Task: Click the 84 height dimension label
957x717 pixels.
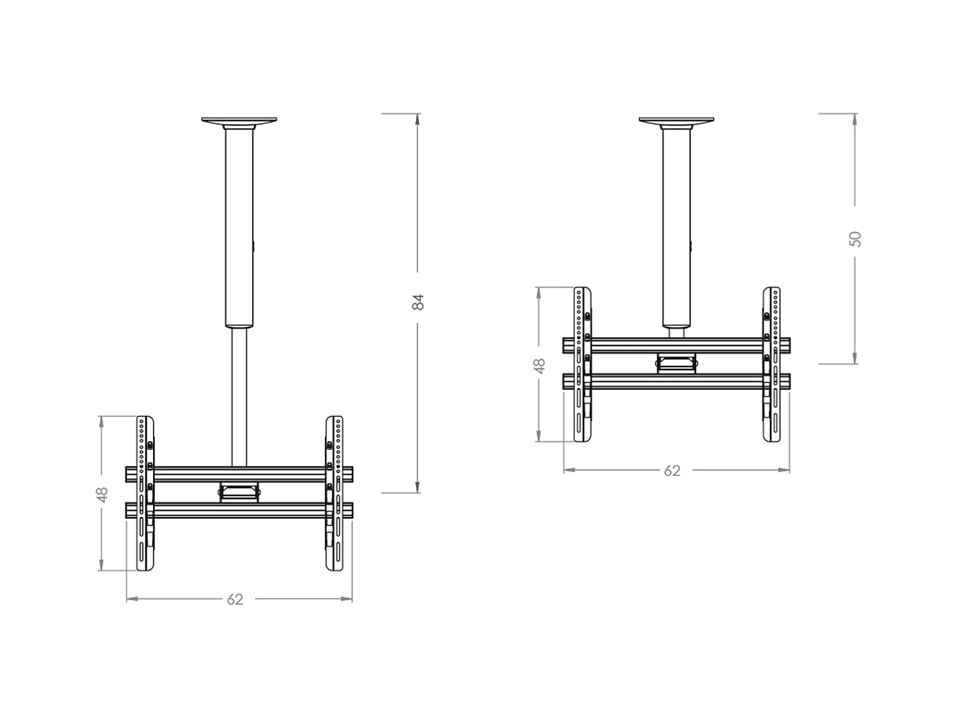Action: (418, 301)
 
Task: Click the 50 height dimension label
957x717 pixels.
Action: (856, 239)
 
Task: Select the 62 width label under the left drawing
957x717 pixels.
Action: (235, 599)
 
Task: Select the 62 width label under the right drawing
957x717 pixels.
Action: (672, 470)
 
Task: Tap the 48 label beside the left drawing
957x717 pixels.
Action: (102, 494)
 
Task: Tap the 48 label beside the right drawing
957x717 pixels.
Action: (540, 365)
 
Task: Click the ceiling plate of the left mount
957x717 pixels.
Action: (239, 120)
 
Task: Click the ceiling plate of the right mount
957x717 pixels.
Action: (676, 120)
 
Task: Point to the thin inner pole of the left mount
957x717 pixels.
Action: (239, 395)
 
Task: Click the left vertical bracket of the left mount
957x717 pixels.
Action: (145, 494)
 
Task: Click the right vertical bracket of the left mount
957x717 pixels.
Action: (334, 494)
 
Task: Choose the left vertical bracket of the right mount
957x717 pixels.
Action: (582, 365)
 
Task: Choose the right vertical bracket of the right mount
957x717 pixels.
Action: (771, 365)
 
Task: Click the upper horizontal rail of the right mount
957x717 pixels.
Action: (676, 345)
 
